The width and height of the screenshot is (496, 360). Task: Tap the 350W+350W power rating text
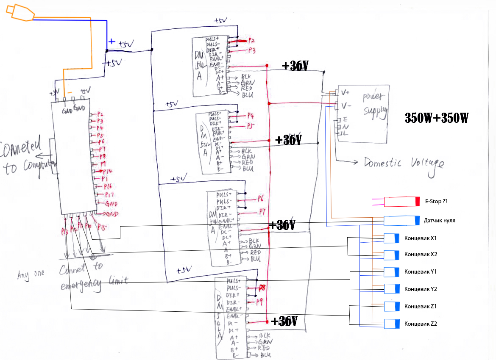pyautogui.click(x=436, y=118)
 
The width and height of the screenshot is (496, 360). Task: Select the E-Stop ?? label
pyautogui.click(x=436, y=202)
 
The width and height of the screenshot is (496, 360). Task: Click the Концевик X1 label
pyautogui.click(x=421, y=238)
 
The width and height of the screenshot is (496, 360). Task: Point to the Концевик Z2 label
pyautogui.click(x=421, y=324)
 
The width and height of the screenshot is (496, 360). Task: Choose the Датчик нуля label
pyautogui.click(x=440, y=221)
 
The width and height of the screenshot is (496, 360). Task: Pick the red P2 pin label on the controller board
pyautogui.click(x=100, y=114)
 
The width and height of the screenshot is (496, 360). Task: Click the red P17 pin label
pyautogui.click(x=109, y=195)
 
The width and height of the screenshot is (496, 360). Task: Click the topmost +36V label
pyautogui.click(x=295, y=66)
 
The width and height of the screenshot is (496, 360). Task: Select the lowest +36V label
pyautogui.click(x=284, y=321)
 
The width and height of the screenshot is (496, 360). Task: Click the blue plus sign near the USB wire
pyautogui.click(x=111, y=42)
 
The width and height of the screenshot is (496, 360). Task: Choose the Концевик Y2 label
pyautogui.click(x=421, y=289)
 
